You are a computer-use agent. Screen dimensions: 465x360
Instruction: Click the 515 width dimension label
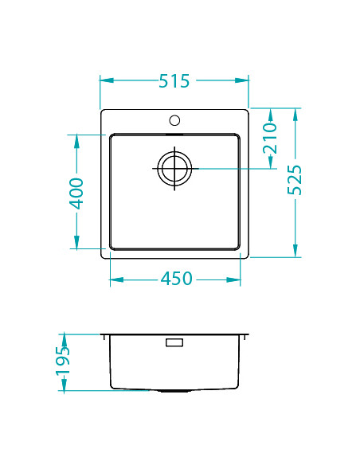[x=174, y=80]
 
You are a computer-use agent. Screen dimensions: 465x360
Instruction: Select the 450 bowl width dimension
[x=177, y=279]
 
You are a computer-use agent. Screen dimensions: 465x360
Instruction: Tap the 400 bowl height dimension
[x=76, y=193]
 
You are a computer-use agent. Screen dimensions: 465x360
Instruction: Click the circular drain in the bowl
[x=174, y=169]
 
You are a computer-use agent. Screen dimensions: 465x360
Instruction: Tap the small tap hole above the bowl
[x=174, y=122]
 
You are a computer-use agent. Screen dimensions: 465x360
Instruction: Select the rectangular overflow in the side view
[x=174, y=342]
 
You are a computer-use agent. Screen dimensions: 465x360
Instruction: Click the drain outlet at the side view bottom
[x=174, y=392]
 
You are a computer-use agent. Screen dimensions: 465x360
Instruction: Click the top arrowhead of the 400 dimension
[x=76, y=140]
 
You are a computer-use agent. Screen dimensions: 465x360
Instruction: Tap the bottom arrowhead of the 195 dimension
[x=65, y=386]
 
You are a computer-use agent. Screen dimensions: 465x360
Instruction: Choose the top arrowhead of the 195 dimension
[x=65, y=338]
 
